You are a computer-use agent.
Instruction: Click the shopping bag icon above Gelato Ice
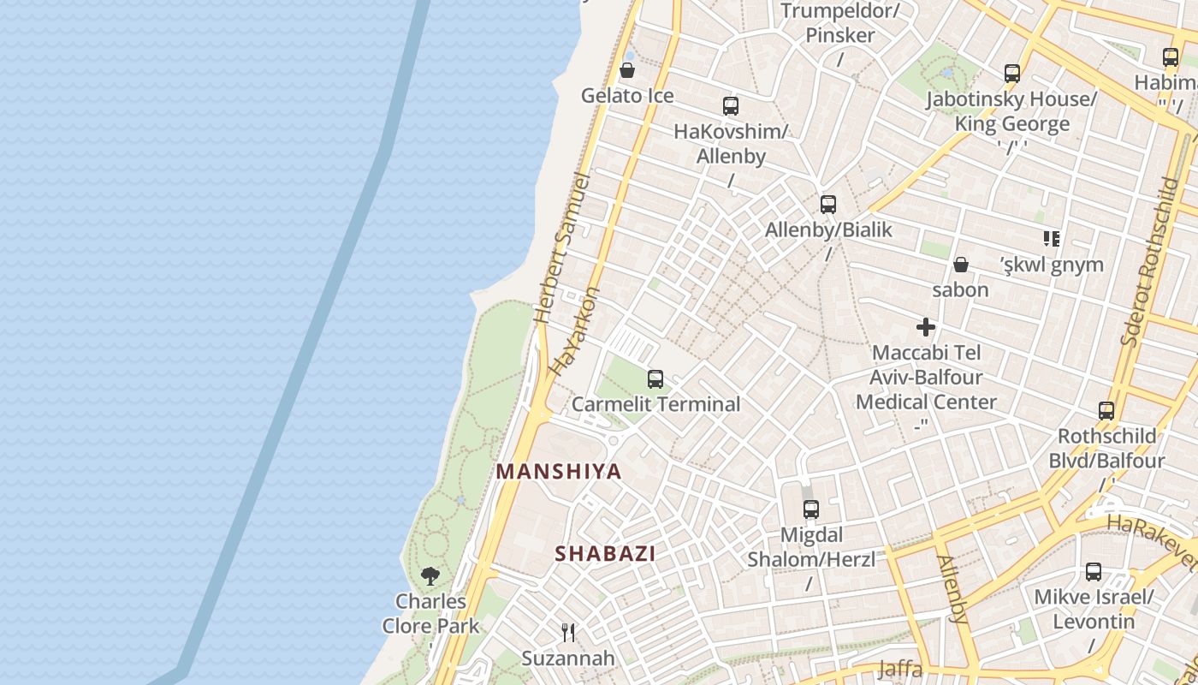pos(627,70)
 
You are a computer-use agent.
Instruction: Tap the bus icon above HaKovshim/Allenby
pos(730,106)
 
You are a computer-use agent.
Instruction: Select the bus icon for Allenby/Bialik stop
pos(827,205)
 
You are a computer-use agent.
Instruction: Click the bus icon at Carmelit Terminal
pos(655,378)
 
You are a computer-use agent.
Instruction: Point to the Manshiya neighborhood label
pos(559,472)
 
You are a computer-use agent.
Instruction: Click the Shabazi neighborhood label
pos(605,554)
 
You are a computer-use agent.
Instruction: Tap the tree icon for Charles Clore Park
pos(430,576)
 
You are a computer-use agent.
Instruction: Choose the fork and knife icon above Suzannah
pos(567,633)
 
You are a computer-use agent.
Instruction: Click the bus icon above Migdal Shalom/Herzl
pos(810,509)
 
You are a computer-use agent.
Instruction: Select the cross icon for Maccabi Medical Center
pos(925,327)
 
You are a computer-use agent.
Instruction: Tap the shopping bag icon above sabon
pos(961,265)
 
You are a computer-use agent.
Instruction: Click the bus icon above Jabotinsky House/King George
pos(1012,74)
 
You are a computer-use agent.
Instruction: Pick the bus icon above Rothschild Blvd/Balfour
pos(1106,411)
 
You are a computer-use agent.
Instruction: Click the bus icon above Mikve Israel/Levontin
pos(1094,571)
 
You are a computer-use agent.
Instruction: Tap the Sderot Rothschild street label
pos(1148,261)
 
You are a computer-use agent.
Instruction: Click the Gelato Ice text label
pos(627,96)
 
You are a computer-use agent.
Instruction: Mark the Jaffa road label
pos(899,670)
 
